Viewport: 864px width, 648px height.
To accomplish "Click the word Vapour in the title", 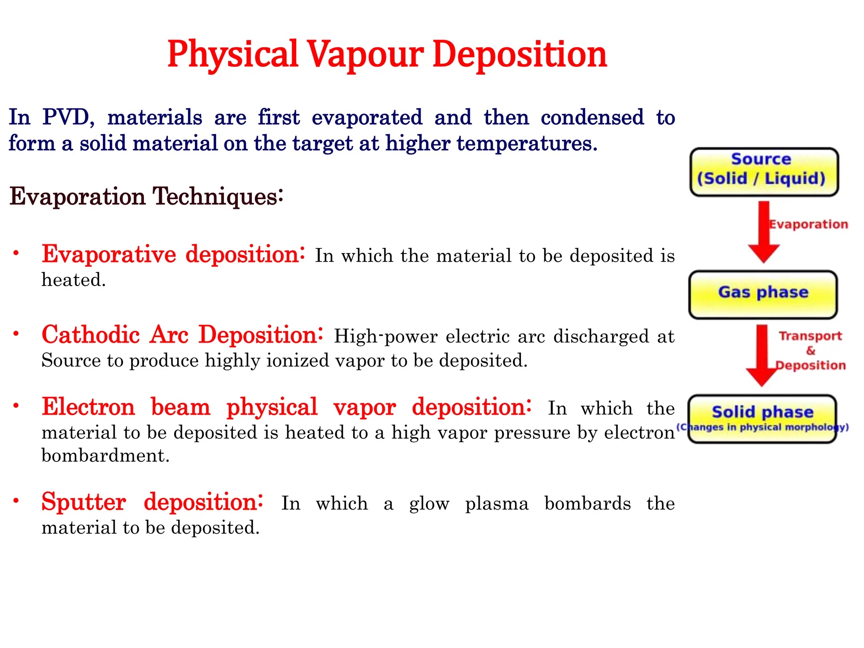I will (x=365, y=55).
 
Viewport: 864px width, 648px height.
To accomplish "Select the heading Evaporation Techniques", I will (x=146, y=197).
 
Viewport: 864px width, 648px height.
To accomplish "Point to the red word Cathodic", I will (x=91, y=335).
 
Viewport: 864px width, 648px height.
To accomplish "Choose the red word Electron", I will (x=88, y=407).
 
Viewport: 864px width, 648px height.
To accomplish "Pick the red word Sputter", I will (x=84, y=502).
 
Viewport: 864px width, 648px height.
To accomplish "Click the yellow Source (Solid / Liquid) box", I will (x=764, y=172).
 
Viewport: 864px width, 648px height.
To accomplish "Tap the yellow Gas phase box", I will (x=763, y=294).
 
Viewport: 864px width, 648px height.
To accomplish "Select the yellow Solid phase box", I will (x=762, y=418).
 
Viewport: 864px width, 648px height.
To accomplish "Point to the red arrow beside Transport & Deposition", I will (x=761, y=354).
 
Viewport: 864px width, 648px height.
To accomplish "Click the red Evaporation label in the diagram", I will (x=808, y=224).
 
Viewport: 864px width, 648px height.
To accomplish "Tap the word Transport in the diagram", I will (x=810, y=336).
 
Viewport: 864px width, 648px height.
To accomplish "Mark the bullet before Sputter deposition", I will (x=16, y=501).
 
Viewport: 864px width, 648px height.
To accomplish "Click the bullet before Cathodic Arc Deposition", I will (x=16, y=334).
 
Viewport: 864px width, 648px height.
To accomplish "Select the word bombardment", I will (x=105, y=456).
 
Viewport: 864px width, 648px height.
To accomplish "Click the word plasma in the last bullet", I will (x=497, y=504).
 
